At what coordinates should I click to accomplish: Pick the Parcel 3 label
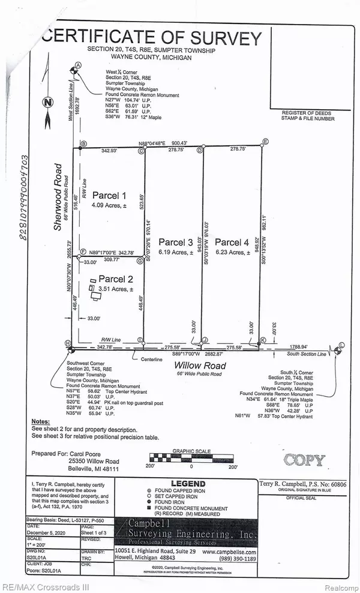(x=175, y=242)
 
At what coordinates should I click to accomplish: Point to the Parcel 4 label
(x=232, y=242)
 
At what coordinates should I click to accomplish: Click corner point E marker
(x=265, y=142)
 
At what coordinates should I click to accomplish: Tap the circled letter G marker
(x=139, y=260)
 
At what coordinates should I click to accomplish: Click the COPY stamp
(x=304, y=460)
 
